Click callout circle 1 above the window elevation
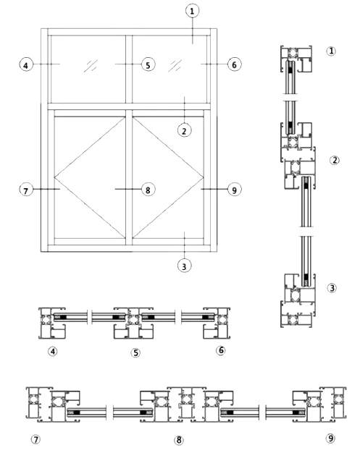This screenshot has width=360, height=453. pyautogui.click(x=192, y=11)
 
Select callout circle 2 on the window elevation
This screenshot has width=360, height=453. pyautogui.click(x=185, y=130)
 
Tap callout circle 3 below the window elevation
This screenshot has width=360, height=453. pyautogui.click(x=185, y=266)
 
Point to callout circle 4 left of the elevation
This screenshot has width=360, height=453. pyautogui.click(x=26, y=64)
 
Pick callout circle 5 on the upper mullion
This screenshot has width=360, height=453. pyautogui.click(x=148, y=64)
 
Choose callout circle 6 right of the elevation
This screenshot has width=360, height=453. pyautogui.click(x=235, y=64)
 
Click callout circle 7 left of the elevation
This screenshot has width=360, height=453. pyautogui.click(x=26, y=190)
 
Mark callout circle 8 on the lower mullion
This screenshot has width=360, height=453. pyautogui.click(x=148, y=190)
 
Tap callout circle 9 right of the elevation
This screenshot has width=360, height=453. pyautogui.click(x=235, y=190)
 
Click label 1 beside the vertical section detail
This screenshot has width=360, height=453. pyautogui.click(x=331, y=51)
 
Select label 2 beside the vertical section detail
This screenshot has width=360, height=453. pyautogui.click(x=335, y=160)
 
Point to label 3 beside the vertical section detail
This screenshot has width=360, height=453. pyautogui.click(x=332, y=288)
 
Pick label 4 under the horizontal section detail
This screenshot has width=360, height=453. pyautogui.click(x=53, y=351)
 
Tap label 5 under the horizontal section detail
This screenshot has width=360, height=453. pyautogui.click(x=135, y=352)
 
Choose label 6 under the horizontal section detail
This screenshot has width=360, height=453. pyautogui.click(x=221, y=350)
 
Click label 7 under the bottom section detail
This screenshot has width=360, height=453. pyautogui.click(x=35, y=440)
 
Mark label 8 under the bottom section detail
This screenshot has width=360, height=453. pyautogui.click(x=179, y=440)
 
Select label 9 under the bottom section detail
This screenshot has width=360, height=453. pyautogui.click(x=330, y=439)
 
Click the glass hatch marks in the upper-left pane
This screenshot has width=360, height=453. pyautogui.click(x=91, y=66)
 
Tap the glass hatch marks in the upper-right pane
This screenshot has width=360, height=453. pyautogui.click(x=175, y=66)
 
